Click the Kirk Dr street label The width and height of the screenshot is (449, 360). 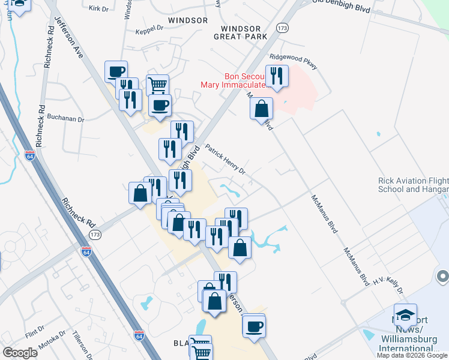point(97,8)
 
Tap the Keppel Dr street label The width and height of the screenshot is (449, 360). point(149,28)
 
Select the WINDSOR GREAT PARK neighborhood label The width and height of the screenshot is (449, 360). point(240,32)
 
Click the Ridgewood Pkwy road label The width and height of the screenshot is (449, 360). point(293,60)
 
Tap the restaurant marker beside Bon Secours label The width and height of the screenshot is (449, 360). point(277,77)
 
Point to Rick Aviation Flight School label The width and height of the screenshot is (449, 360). point(413,185)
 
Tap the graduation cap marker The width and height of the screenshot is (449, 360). point(406,316)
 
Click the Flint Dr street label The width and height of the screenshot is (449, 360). point(35,331)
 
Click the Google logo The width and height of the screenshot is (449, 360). point(20,353)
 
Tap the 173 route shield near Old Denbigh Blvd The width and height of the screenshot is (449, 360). point(283,28)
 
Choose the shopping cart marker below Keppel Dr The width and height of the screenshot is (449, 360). point(157,85)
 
